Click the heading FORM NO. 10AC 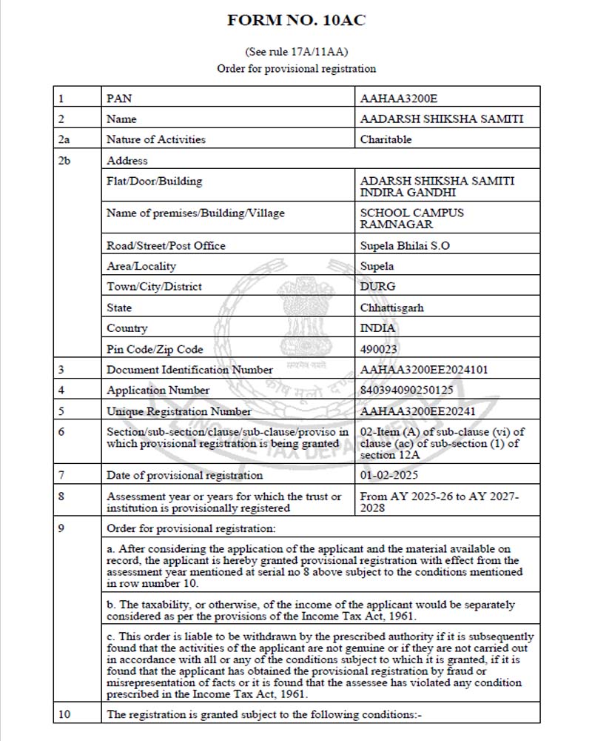[296, 21]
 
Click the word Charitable [386, 139]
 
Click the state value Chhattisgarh [391, 308]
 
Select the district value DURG [377, 287]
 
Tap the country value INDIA [377, 328]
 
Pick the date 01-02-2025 [388, 475]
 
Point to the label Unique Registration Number [179, 411]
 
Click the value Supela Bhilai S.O [404, 245]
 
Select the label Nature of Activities [156, 139]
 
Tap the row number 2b [64, 160]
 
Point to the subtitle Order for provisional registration [296, 69]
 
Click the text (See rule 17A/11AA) [296, 53]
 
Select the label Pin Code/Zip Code [155, 349]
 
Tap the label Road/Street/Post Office [166, 245]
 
